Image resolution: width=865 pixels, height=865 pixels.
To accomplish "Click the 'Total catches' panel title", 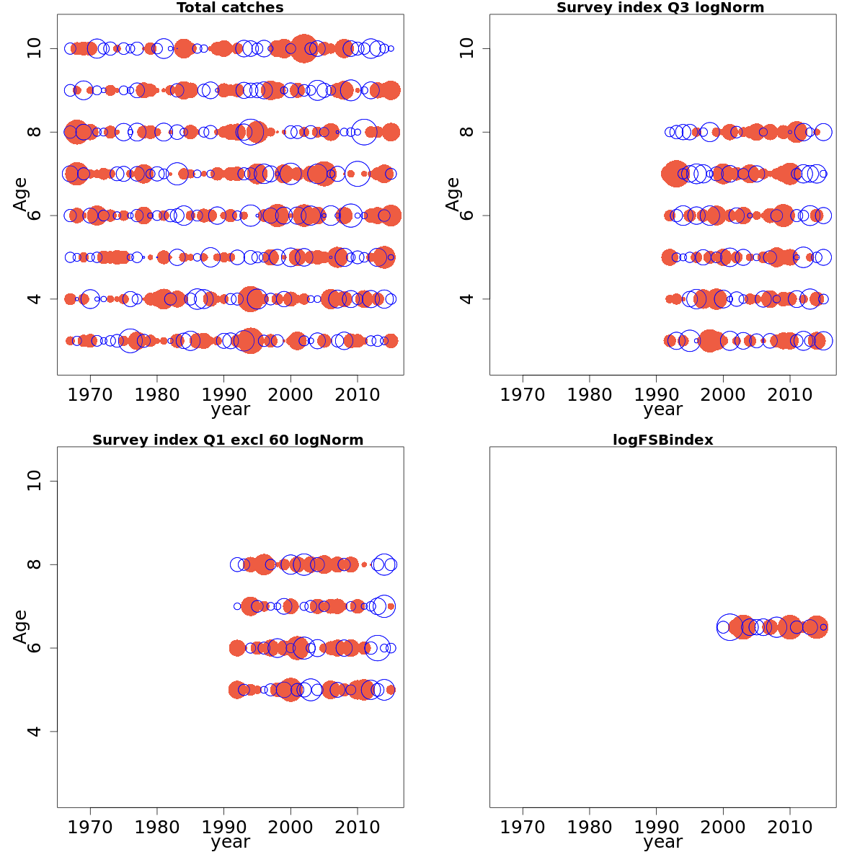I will [x=230, y=8].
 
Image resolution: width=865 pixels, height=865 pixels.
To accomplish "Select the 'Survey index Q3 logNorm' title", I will [x=660, y=8].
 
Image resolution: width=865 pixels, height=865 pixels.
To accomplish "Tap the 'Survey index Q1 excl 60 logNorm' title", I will [x=228, y=440].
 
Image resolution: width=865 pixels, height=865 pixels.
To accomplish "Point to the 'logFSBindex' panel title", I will [x=662, y=440].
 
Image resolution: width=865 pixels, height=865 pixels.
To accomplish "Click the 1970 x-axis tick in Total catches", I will [x=90, y=394].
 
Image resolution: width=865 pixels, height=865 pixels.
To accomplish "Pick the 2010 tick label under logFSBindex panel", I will [x=790, y=827].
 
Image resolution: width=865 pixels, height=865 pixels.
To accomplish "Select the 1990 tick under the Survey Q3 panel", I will [x=657, y=394].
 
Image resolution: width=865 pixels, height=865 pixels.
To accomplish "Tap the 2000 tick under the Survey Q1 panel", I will [x=290, y=827].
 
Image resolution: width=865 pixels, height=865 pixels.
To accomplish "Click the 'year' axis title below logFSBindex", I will [x=662, y=842].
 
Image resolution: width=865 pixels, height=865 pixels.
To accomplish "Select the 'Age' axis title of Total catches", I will [x=20, y=194].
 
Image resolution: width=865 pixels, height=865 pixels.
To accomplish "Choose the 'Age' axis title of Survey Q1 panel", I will [x=20, y=626].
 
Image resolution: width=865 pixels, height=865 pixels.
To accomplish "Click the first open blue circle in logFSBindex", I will [x=723, y=627].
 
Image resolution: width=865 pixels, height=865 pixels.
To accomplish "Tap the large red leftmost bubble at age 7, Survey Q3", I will [x=676, y=174].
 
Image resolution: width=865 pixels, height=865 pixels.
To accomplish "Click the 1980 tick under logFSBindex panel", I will [x=590, y=827].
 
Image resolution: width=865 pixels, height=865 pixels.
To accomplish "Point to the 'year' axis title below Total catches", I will [x=230, y=409].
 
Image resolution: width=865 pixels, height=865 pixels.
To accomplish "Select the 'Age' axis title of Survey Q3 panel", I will [x=453, y=194].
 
